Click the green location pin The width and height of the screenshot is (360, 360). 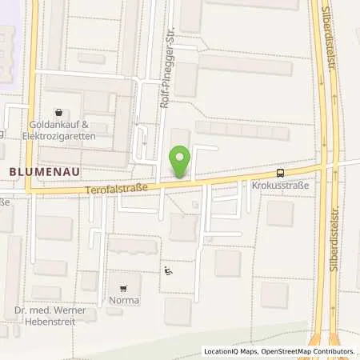(181, 161)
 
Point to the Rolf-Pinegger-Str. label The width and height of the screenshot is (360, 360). (166, 64)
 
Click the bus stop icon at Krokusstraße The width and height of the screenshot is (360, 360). (280, 172)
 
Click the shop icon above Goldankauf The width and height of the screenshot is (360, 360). (58, 113)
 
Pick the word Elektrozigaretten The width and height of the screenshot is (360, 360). (61, 137)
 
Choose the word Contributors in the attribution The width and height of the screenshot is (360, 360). (332, 351)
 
